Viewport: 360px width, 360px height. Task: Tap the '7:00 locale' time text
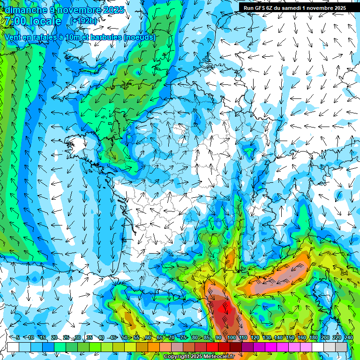33,21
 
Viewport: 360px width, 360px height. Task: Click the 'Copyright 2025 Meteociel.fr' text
198,357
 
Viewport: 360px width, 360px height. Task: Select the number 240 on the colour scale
348,337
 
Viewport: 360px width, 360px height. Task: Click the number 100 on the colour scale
231,337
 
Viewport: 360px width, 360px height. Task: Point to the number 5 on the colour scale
18,337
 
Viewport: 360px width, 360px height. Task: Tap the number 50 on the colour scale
125,337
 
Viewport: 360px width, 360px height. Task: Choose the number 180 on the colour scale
313,337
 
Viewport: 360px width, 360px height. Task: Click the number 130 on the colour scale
266,337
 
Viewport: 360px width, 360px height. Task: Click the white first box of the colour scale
13,347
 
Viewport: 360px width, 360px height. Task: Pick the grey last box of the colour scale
342,347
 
